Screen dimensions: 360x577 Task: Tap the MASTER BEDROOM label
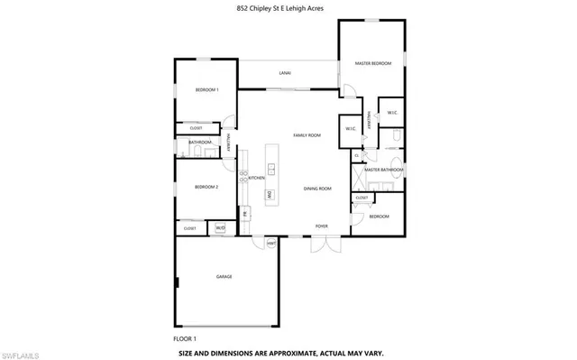(372, 63)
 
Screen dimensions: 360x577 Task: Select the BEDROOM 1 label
(206, 89)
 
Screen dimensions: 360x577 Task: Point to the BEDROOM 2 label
(206, 187)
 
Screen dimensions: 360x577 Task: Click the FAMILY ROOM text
(307, 135)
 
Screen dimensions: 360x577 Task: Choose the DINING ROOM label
(317, 189)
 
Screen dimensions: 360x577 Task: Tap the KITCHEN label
(256, 179)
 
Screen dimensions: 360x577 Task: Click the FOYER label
(321, 226)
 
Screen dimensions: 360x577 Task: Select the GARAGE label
(224, 276)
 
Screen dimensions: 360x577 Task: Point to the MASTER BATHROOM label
(383, 170)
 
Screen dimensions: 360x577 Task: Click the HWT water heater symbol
(270, 242)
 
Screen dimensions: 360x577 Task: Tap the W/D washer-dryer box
(219, 228)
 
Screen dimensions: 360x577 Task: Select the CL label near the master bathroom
(358, 155)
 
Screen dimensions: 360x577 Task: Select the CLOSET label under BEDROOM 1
(196, 129)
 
